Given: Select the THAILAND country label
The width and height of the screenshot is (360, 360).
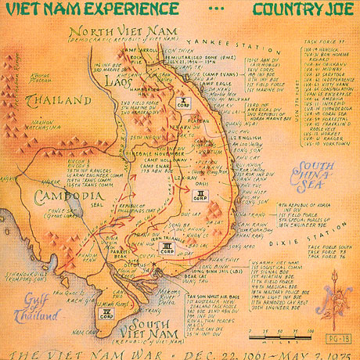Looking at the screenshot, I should (56, 100).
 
